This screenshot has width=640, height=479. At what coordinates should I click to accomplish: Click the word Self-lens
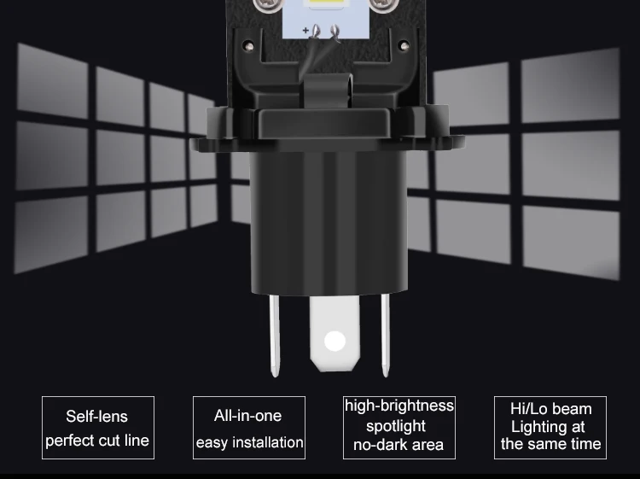point(96,417)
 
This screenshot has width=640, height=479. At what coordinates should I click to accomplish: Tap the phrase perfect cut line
point(96,441)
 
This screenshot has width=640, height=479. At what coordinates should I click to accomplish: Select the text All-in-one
point(247,416)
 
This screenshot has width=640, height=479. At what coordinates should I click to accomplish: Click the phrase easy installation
point(249,442)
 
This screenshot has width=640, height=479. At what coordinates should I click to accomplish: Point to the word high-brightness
point(399,406)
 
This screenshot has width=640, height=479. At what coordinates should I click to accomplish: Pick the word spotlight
point(396,425)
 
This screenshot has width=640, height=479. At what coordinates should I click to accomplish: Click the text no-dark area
point(399,445)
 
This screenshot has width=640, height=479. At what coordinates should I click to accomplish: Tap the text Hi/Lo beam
point(550,409)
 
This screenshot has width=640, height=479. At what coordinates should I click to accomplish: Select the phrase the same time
point(550,444)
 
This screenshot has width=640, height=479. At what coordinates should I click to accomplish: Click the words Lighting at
point(548,426)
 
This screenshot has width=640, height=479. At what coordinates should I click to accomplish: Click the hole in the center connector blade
point(335,342)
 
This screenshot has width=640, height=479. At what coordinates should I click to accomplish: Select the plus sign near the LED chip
point(305,30)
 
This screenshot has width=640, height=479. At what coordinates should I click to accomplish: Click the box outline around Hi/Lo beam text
point(495,427)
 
